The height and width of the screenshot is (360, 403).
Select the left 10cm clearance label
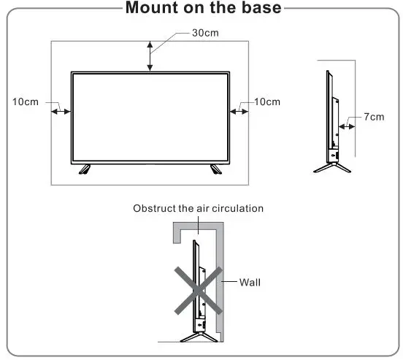point(26,102)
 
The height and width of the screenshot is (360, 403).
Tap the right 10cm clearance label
point(266,102)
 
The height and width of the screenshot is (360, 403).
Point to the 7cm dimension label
point(373,117)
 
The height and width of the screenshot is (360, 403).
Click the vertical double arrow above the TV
point(150,55)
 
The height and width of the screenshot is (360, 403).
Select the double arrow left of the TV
point(61,112)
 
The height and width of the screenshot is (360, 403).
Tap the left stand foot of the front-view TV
point(85,169)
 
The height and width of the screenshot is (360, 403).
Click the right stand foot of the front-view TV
point(215,169)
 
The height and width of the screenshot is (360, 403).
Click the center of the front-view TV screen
point(150,117)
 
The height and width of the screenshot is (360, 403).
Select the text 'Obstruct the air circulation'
point(198,209)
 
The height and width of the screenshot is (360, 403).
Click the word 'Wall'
point(250,282)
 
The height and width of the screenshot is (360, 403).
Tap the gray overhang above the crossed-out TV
point(197,231)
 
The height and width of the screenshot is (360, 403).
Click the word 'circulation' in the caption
point(237,209)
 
